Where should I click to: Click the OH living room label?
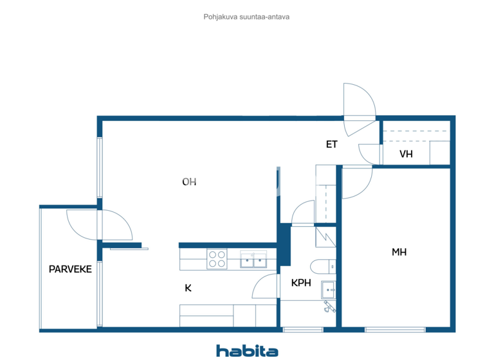click(x=189, y=182)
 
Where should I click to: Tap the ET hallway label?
click(x=331, y=145)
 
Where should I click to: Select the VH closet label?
click(x=405, y=154)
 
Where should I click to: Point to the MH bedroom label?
click(x=399, y=252)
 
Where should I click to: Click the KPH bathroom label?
click(x=302, y=283)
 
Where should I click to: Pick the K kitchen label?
click(x=188, y=288)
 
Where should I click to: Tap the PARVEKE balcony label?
click(x=70, y=269)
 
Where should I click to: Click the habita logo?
click(x=247, y=350)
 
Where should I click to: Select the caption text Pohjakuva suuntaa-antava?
click(x=246, y=17)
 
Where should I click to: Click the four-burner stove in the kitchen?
click(x=217, y=259)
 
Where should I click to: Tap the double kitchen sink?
click(x=253, y=260)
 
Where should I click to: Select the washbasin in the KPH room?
click(x=328, y=290)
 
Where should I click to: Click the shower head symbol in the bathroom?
click(x=331, y=309)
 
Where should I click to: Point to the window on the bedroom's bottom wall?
click(x=395, y=330)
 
